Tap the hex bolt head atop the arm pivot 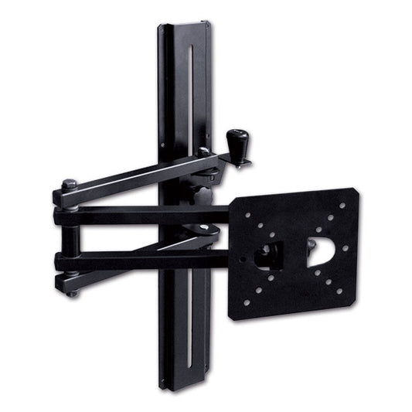coord(69,185)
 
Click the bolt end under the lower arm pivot coord(71,293)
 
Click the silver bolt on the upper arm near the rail coord(203,152)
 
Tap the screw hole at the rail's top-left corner coord(163,32)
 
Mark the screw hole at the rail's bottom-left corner coord(164,379)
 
